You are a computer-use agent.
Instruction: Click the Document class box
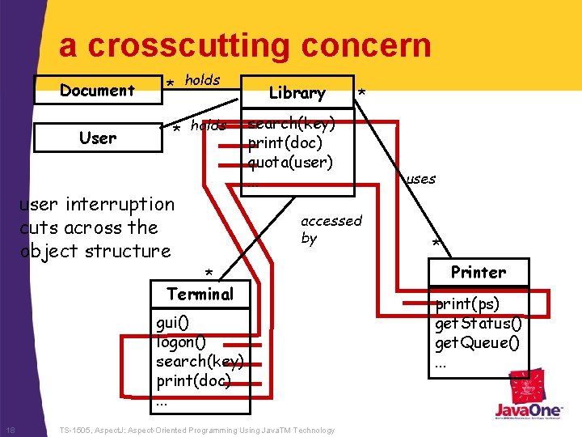97,90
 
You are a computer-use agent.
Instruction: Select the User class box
97,138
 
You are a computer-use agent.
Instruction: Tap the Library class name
297,92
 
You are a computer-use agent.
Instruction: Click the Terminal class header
200,294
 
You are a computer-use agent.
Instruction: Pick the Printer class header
479,272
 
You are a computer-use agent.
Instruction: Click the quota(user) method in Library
290,162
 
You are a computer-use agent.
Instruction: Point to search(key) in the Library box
291,125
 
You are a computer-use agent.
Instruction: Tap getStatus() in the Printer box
479,323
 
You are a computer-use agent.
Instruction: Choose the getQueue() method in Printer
478,342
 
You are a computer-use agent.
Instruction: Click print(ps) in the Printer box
467,304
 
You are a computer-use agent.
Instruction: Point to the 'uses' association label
421,179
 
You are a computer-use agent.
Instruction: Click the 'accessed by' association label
331,229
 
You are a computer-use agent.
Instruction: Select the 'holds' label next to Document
202,79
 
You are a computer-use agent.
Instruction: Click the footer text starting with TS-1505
198,429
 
